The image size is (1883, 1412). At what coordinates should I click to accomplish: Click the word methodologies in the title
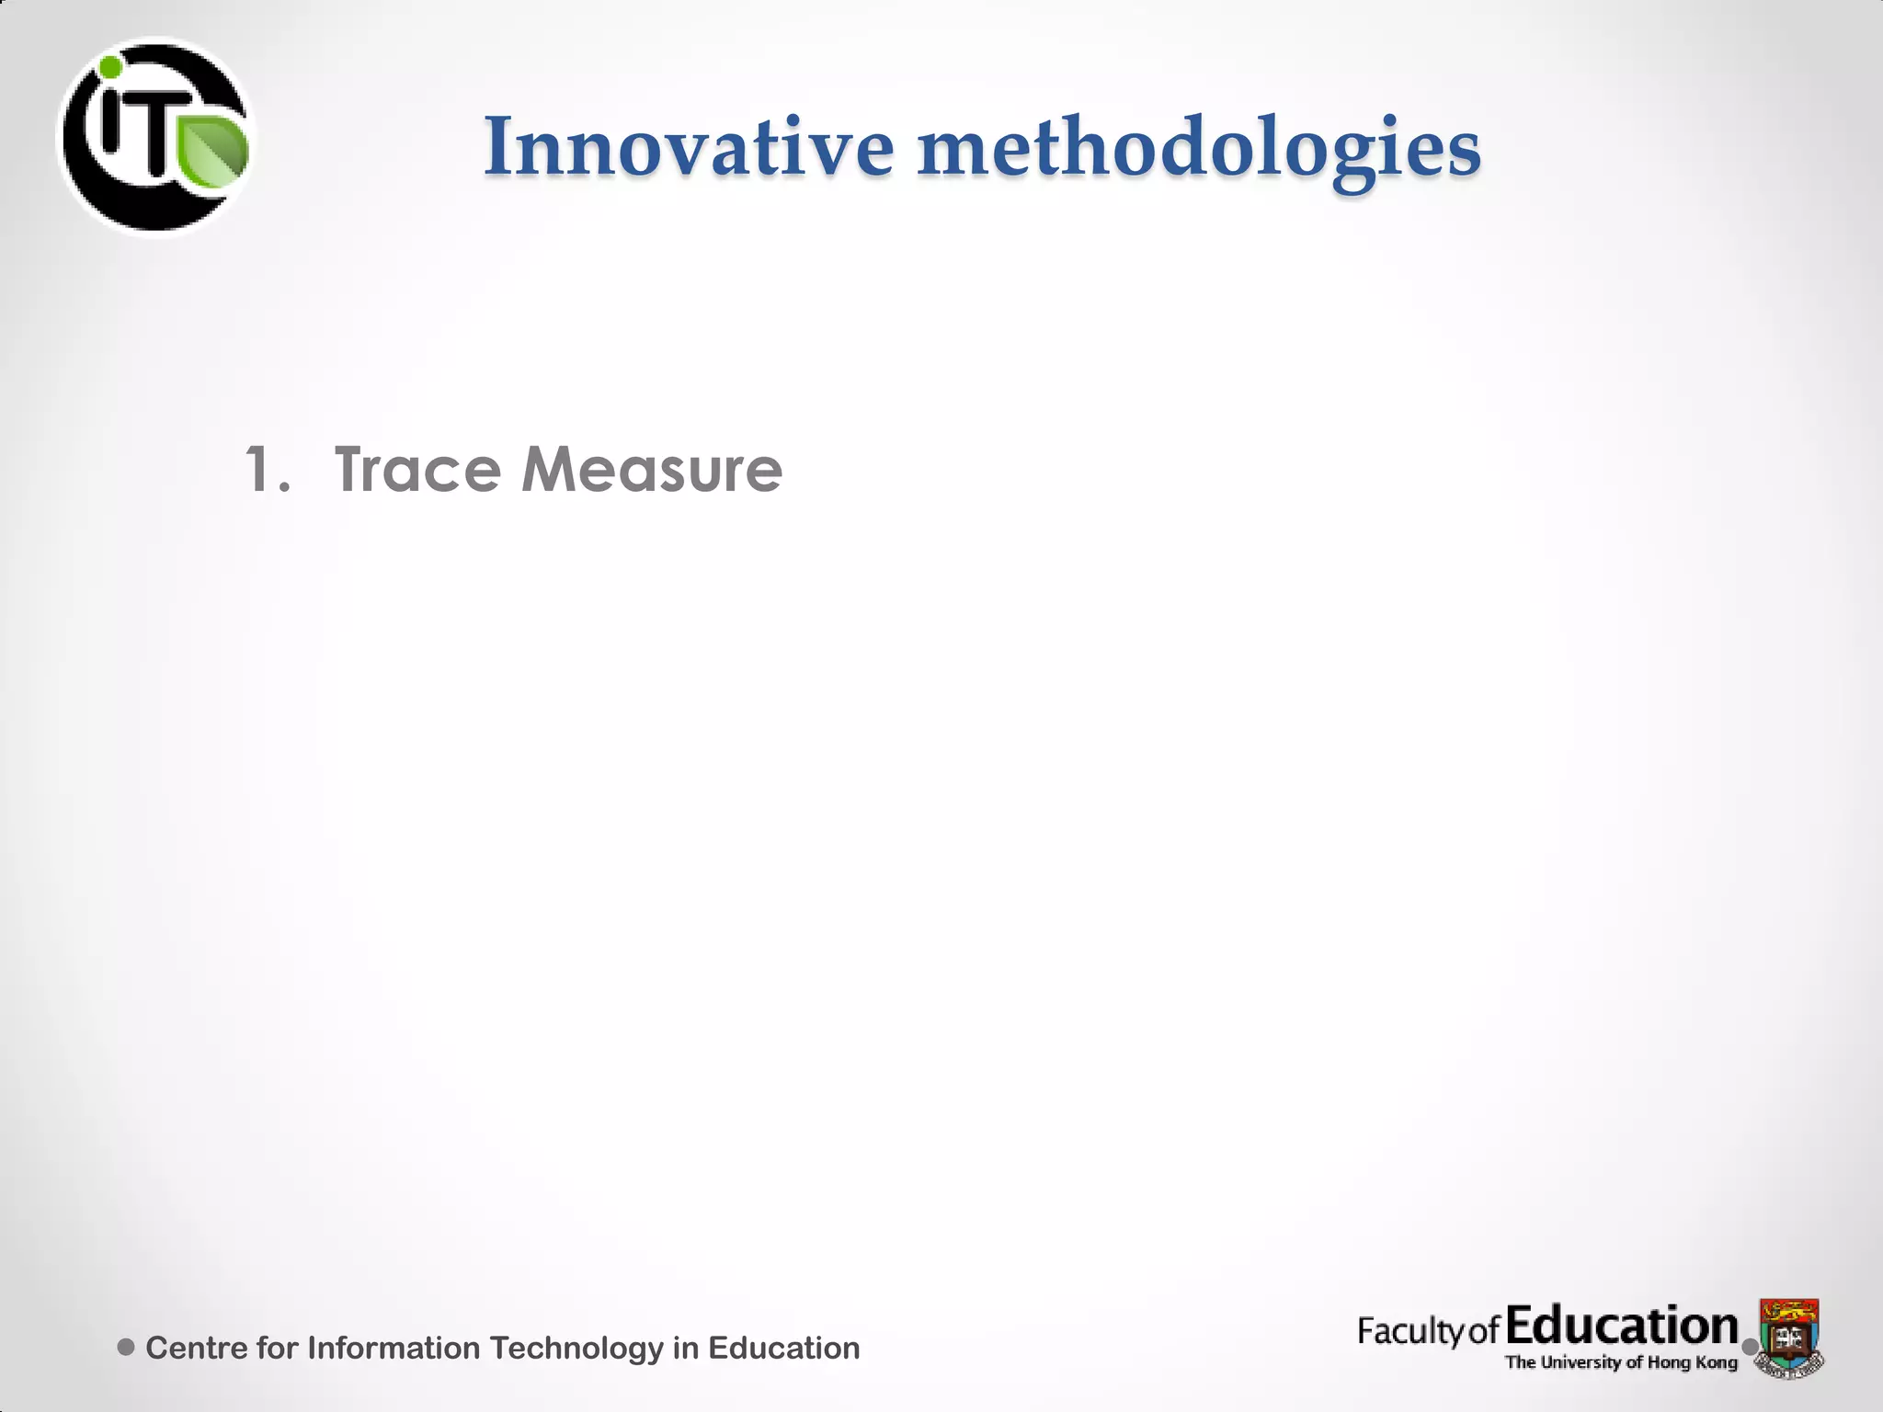tap(1199, 149)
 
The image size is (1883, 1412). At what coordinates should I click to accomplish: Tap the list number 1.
tap(267, 470)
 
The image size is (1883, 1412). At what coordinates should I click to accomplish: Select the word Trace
tap(418, 470)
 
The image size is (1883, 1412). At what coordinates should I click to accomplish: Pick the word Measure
tap(652, 470)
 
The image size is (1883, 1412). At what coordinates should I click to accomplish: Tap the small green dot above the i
tap(110, 67)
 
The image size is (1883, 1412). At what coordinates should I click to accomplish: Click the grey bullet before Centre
tap(127, 1347)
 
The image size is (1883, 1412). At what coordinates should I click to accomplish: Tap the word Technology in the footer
tap(576, 1348)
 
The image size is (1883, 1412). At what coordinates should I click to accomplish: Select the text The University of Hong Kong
tap(1621, 1362)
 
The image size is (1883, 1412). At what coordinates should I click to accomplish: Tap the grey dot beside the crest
tap(1750, 1347)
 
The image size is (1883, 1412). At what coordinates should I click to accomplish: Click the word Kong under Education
tap(1716, 1362)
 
